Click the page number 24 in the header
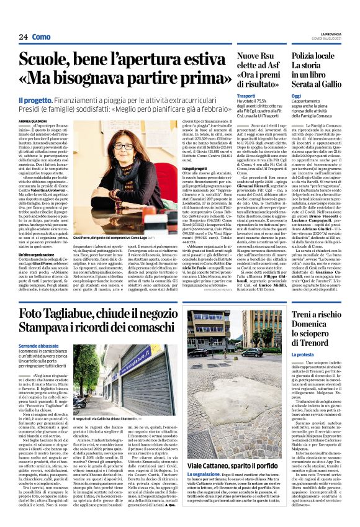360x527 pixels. (23, 37)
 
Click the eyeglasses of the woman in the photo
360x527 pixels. (124, 146)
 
